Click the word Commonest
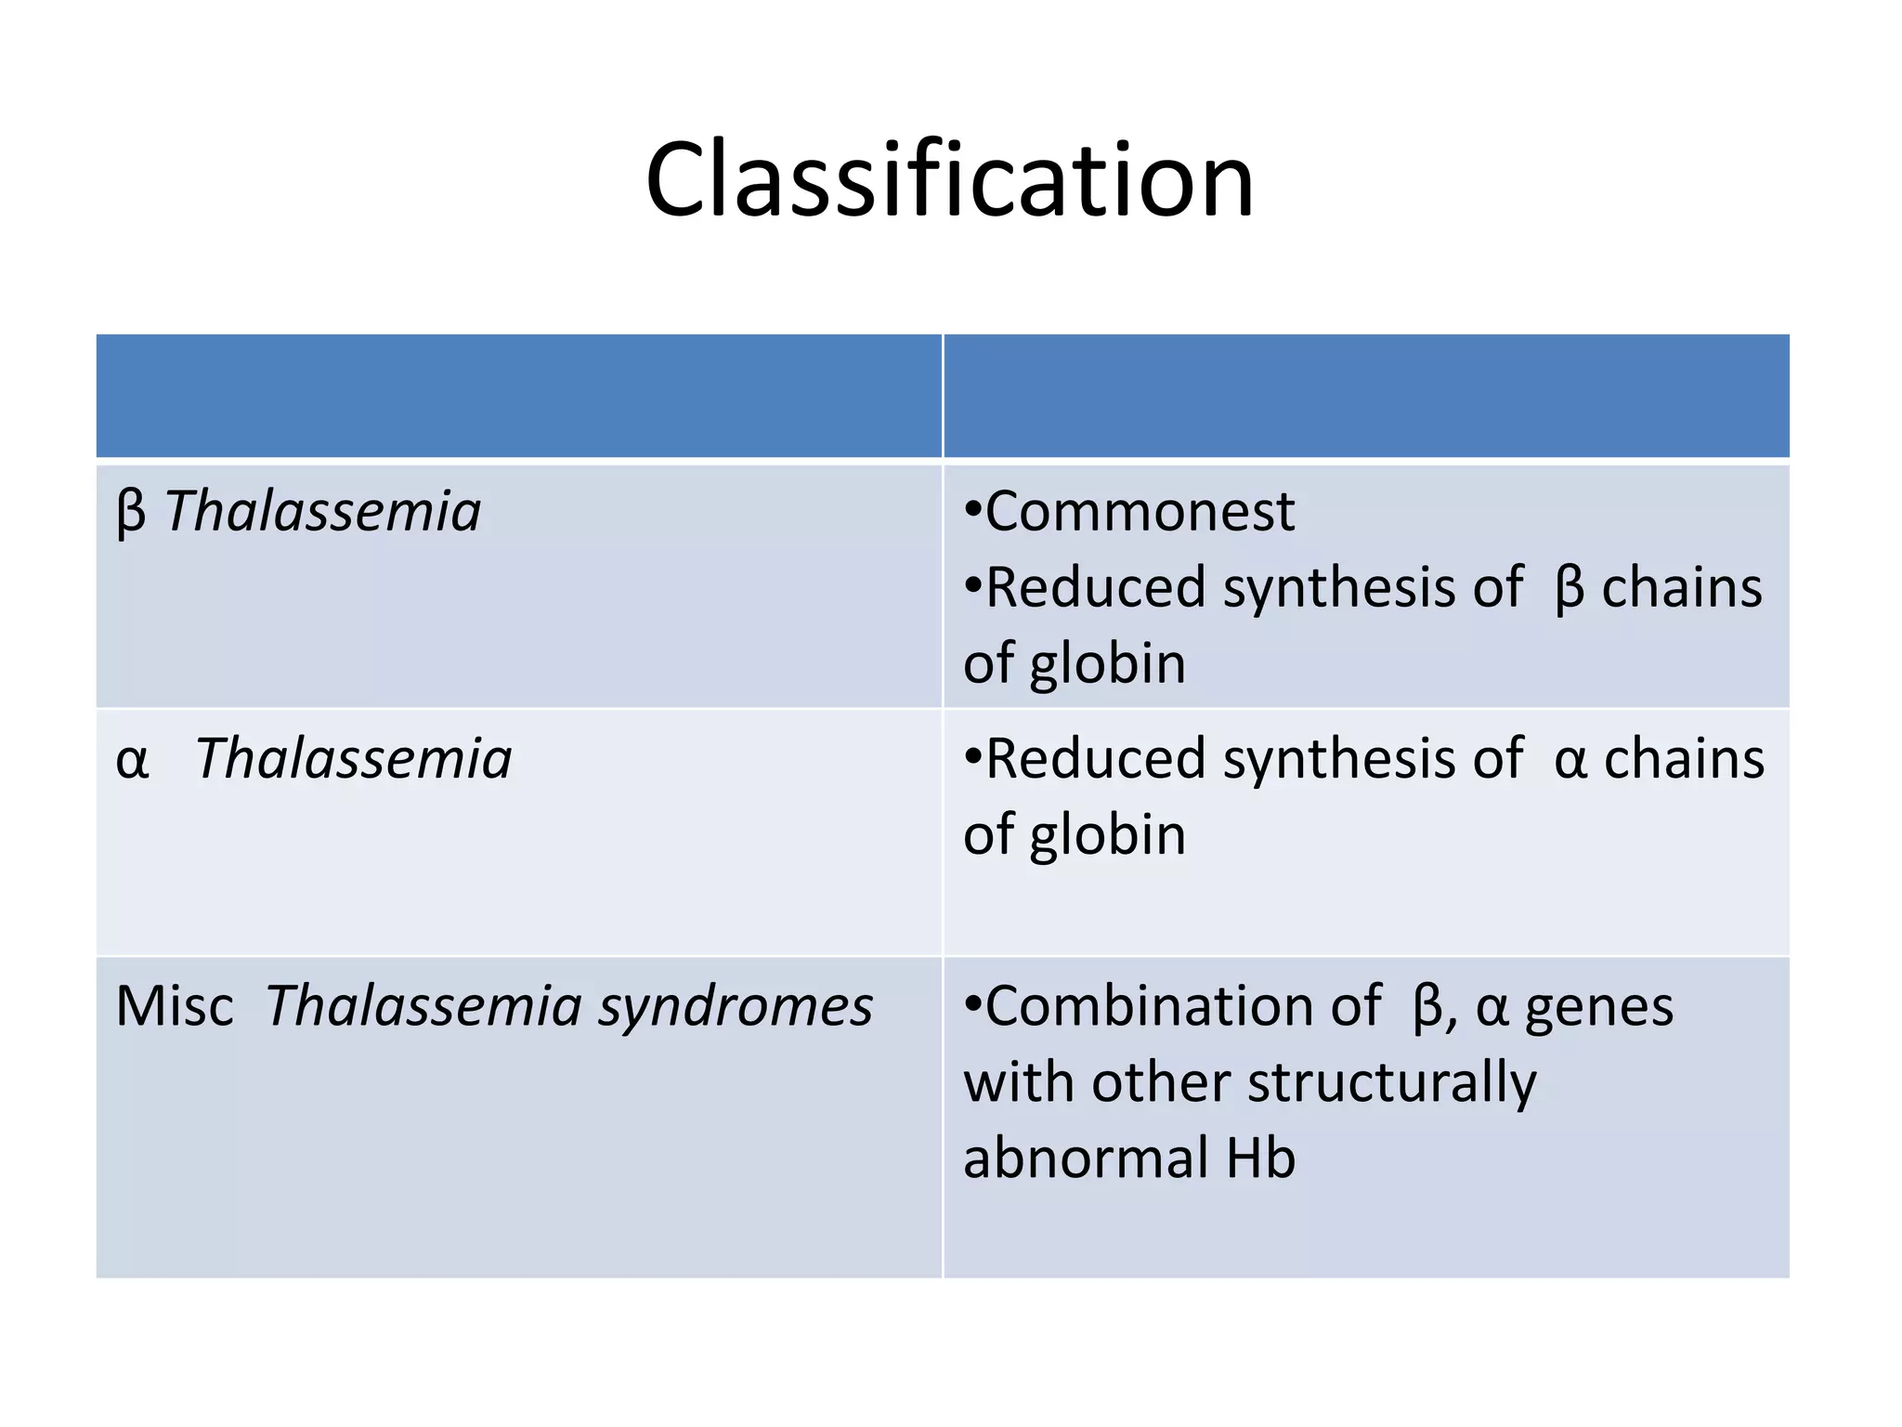[x=1140, y=512]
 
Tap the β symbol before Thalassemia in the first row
[x=131, y=512]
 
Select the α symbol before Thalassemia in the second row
[x=132, y=760]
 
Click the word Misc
[x=175, y=1006]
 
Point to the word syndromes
[x=735, y=1008]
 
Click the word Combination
[x=1183, y=1006]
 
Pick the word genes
[x=1599, y=1008]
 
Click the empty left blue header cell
[x=518, y=396]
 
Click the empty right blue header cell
[x=1366, y=396]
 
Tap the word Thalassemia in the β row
[x=323, y=512]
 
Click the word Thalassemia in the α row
[x=354, y=759]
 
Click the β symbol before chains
[x=1569, y=589]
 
